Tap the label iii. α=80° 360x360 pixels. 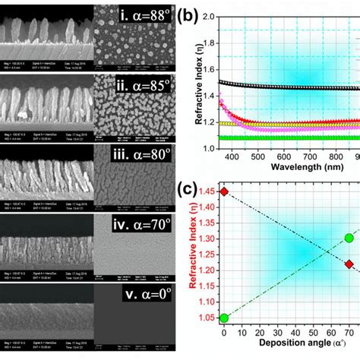tap(139, 156)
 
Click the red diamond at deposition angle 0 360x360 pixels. tap(223, 192)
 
